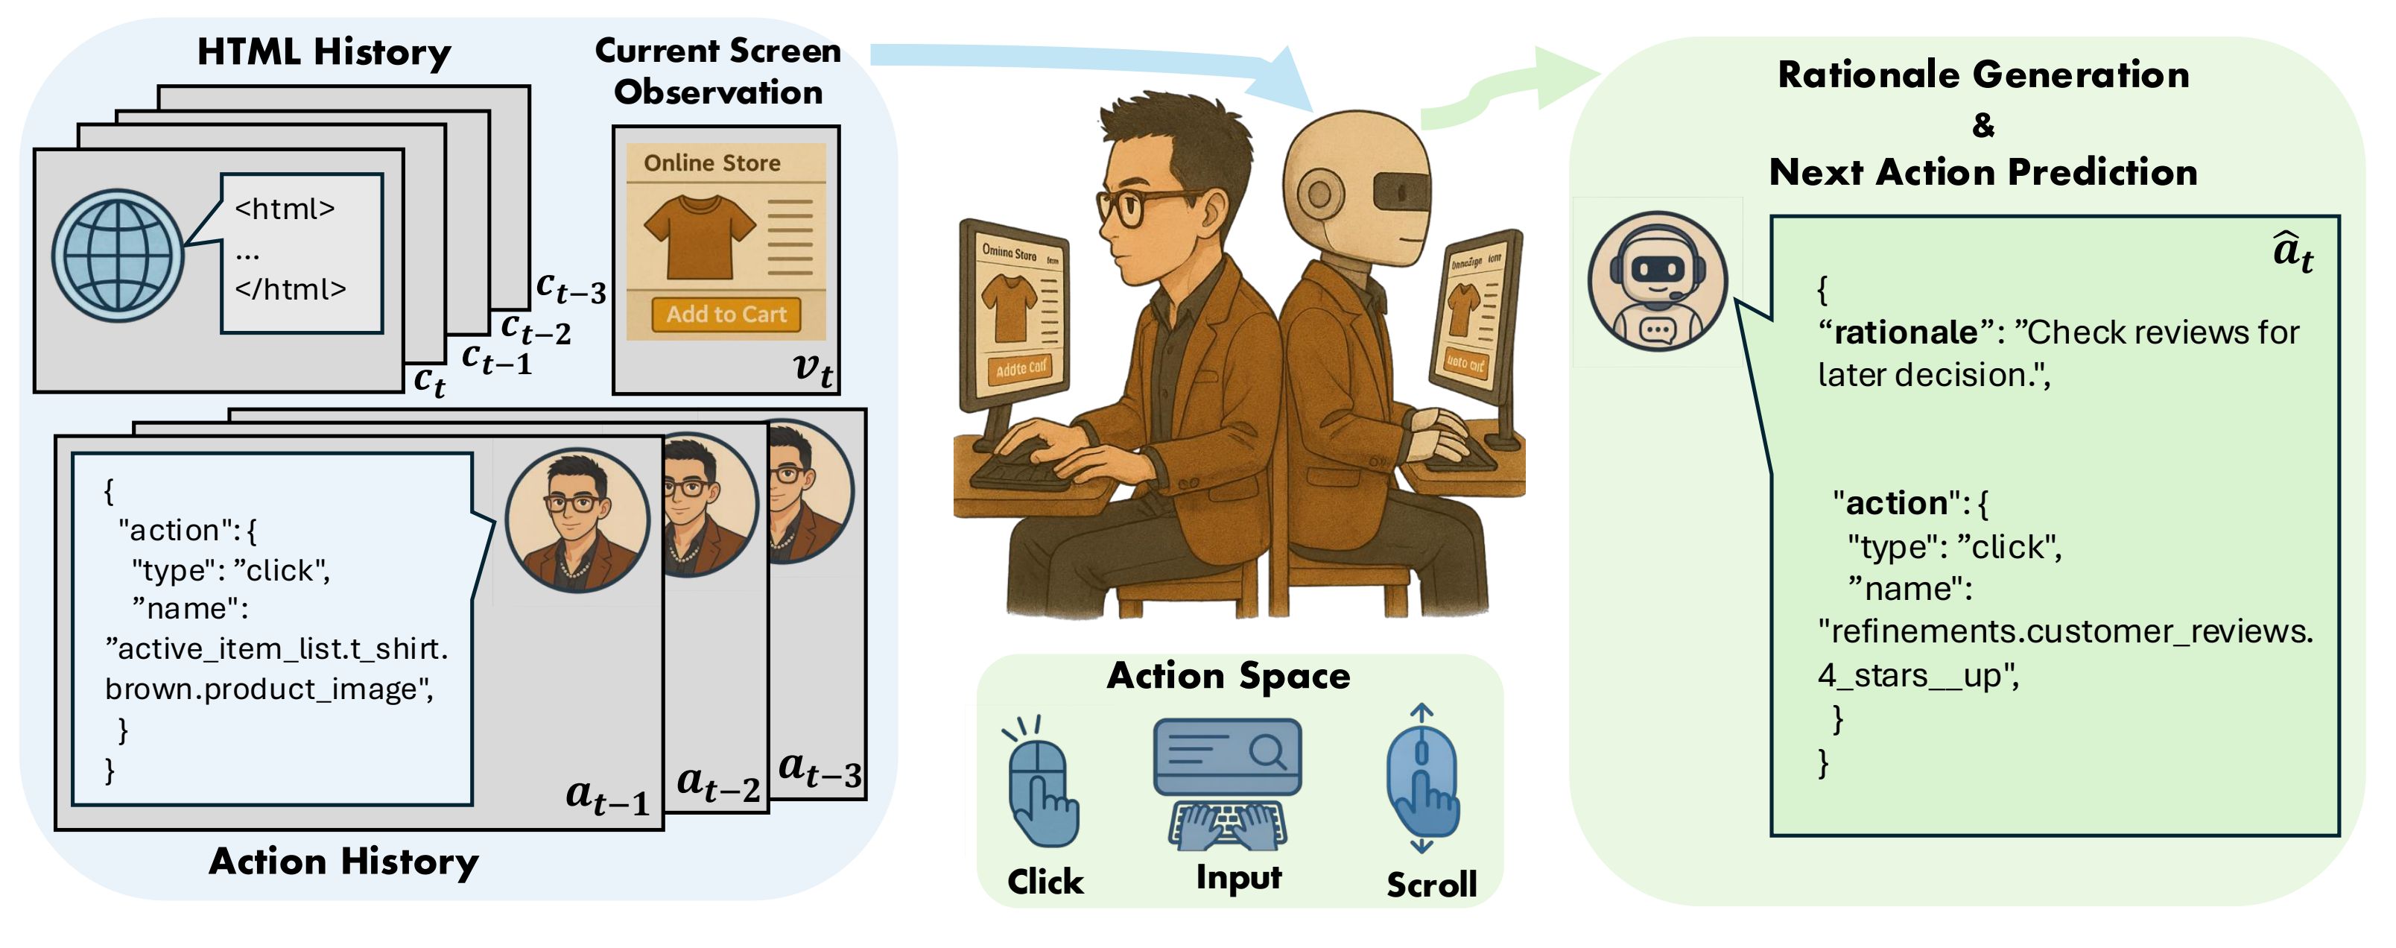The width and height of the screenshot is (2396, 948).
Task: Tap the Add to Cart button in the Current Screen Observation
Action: click(726, 315)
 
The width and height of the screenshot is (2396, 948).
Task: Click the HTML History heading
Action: click(323, 52)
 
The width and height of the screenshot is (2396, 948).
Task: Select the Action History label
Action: click(343, 862)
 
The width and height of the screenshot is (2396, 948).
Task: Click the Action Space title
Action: click(1228, 675)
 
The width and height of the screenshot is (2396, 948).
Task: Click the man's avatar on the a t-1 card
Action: click(577, 521)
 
